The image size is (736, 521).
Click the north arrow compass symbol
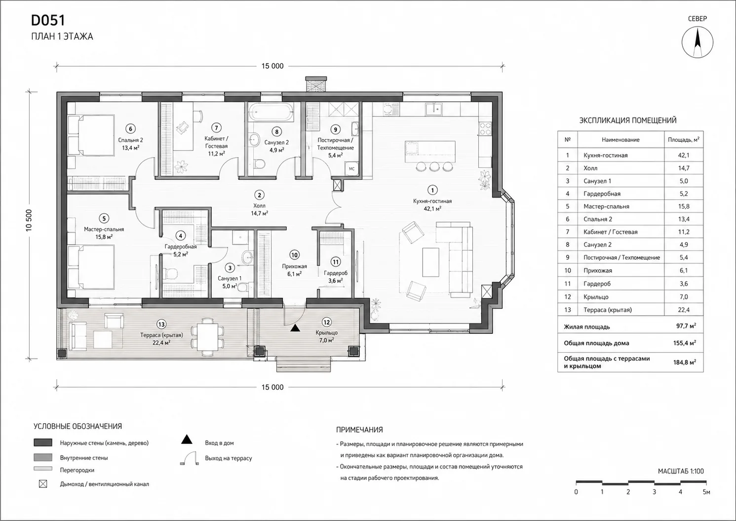tap(697, 42)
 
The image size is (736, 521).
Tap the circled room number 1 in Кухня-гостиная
tap(432, 190)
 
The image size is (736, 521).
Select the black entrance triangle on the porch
tap(295, 327)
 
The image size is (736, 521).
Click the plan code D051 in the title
tap(48, 20)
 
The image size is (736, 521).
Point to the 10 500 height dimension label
tap(29, 220)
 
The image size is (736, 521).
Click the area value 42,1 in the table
tap(683, 155)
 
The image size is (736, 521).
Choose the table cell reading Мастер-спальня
tap(606, 206)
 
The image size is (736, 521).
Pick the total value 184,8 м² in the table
tap(684, 362)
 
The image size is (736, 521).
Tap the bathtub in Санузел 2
tap(271, 112)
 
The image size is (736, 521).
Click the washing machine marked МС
tap(351, 169)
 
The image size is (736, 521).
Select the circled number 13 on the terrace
tap(161, 325)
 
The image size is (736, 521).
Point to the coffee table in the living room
tap(430, 262)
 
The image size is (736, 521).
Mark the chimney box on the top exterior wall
tap(316, 84)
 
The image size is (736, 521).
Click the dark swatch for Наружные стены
tap(43, 442)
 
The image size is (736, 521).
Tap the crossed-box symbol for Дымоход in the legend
tap(43, 484)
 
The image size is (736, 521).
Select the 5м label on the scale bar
tap(706, 492)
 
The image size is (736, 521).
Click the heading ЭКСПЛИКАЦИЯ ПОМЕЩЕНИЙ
tap(628, 120)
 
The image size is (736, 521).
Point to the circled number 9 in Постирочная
tap(335, 129)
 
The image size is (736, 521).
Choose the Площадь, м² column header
tap(683, 140)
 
